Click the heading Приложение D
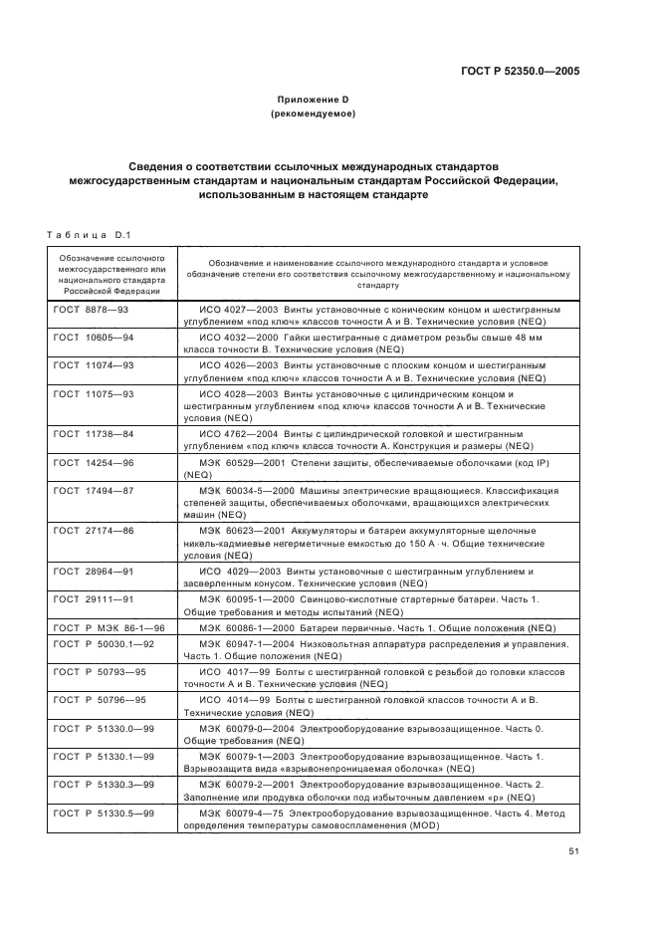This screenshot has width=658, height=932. click(313, 100)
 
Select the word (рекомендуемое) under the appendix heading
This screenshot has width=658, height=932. click(313, 115)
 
